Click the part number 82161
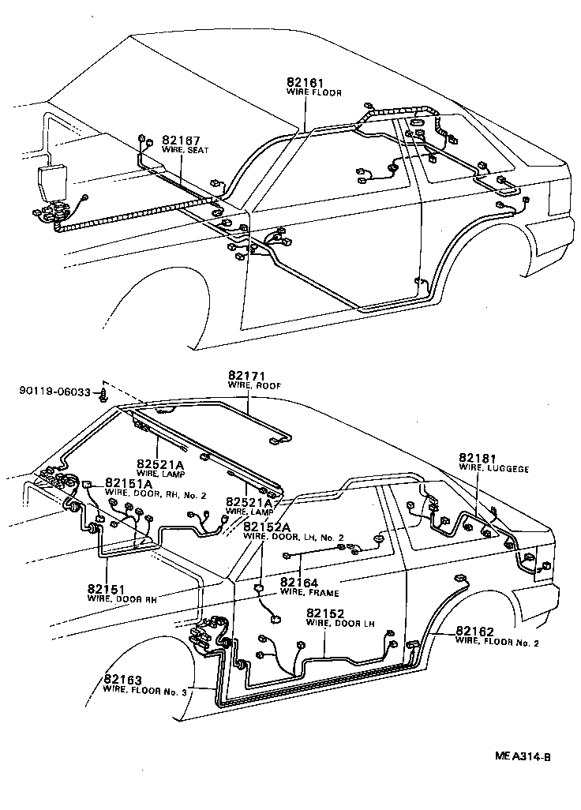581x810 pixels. point(305,82)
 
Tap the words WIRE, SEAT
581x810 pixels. point(185,148)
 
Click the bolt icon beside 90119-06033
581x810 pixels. point(103,392)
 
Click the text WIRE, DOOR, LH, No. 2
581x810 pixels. point(294,537)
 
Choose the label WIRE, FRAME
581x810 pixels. point(309,592)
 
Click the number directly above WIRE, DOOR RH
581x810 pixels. point(107,589)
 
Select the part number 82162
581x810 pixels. point(475,631)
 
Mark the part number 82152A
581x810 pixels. point(267,527)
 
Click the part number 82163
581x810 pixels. point(123,680)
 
